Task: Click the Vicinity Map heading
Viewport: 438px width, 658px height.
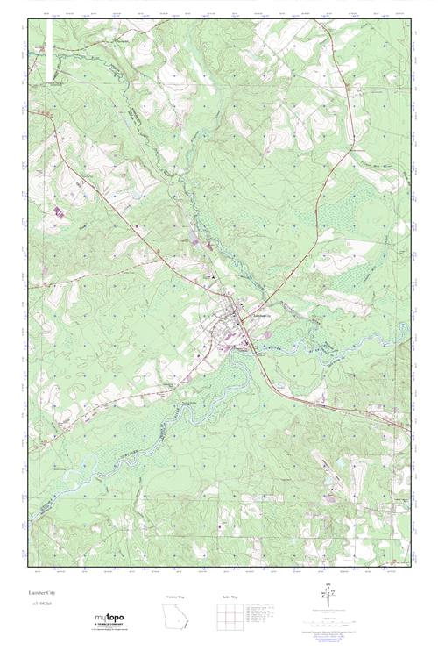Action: tap(176, 596)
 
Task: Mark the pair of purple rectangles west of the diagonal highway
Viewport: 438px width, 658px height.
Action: tap(60, 213)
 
